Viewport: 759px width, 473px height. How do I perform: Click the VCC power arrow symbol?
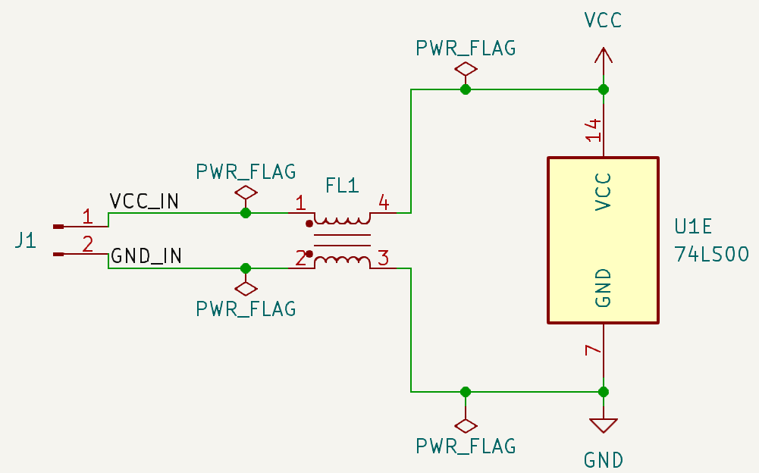point(603,58)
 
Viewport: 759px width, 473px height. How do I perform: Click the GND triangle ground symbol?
point(603,424)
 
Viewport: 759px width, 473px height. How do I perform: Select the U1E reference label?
point(694,227)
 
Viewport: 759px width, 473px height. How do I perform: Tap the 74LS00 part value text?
point(711,254)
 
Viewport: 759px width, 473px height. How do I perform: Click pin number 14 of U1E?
point(594,130)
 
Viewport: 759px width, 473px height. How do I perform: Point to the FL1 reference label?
point(341,186)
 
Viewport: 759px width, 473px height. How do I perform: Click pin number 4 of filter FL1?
point(384,202)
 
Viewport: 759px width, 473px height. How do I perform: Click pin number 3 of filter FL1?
point(384,258)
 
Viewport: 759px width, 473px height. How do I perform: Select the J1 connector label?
point(26,242)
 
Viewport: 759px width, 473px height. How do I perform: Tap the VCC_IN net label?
point(144,202)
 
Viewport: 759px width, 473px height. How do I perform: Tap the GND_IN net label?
point(146,256)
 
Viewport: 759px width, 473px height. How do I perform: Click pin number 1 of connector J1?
point(87,217)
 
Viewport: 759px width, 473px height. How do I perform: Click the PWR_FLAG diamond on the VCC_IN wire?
point(245,193)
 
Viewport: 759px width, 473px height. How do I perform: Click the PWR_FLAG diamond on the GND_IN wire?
point(245,288)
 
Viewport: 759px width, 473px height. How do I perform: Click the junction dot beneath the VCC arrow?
point(603,89)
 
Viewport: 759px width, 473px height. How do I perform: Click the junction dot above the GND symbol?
point(603,392)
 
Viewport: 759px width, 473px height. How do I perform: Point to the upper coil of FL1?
point(342,220)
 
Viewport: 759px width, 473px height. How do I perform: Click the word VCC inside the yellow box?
point(603,192)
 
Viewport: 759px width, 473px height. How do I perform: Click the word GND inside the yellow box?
point(603,288)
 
